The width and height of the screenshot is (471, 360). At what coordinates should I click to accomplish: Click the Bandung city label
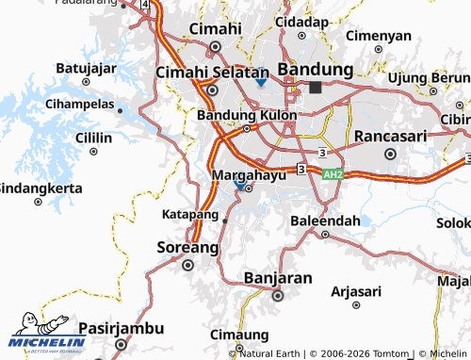[x=315, y=70]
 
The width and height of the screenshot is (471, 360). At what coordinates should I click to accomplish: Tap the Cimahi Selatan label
[x=212, y=72]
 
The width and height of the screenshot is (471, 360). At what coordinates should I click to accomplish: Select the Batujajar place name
[x=86, y=68]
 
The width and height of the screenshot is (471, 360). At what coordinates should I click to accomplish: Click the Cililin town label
[x=93, y=138]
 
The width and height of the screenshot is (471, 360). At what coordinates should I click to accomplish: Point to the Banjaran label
[x=277, y=278]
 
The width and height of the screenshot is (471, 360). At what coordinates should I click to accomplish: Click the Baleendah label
[x=325, y=221]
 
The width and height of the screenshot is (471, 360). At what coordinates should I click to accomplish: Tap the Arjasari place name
[x=356, y=291]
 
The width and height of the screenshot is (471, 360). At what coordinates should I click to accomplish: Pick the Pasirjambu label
[x=122, y=328]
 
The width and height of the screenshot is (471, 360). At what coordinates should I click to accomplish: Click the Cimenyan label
[x=379, y=36]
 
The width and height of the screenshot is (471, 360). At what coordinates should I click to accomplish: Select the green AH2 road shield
[x=333, y=174]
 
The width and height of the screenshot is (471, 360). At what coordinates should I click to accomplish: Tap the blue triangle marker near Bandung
[x=261, y=83]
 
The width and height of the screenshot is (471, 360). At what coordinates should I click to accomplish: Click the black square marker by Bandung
[x=315, y=87]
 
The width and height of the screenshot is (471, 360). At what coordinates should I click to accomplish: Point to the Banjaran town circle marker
[x=277, y=295]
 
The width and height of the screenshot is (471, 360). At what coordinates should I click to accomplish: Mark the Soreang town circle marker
[x=187, y=265]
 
